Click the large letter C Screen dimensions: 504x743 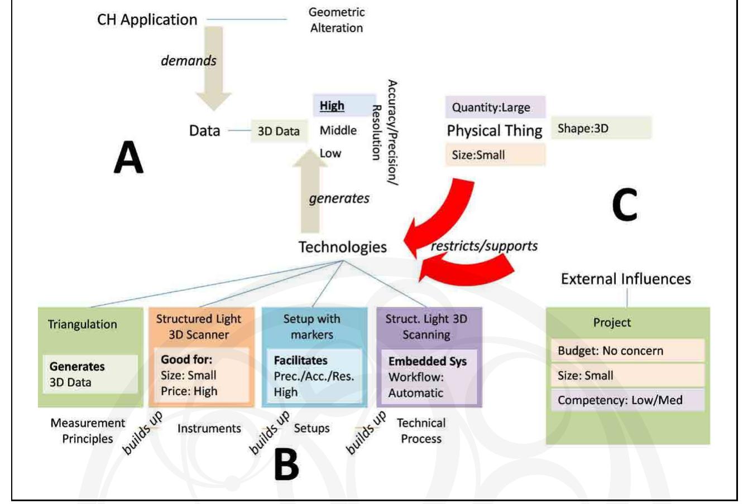pos(624,204)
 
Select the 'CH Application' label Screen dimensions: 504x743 pos(147,20)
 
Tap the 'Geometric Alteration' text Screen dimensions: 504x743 pos(336,20)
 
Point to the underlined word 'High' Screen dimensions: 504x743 pos(332,105)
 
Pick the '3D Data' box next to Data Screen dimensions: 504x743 pos(279,132)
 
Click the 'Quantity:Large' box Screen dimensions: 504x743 pos(491,108)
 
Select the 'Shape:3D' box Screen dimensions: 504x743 pos(600,128)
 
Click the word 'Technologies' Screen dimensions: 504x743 pos(342,247)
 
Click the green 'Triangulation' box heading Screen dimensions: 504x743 pos(82,324)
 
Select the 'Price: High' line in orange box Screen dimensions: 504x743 pos(189,391)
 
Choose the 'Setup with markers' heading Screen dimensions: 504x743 pos(311,327)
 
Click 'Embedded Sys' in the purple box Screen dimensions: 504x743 pos(427,361)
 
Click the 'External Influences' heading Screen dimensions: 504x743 pos(626,279)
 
